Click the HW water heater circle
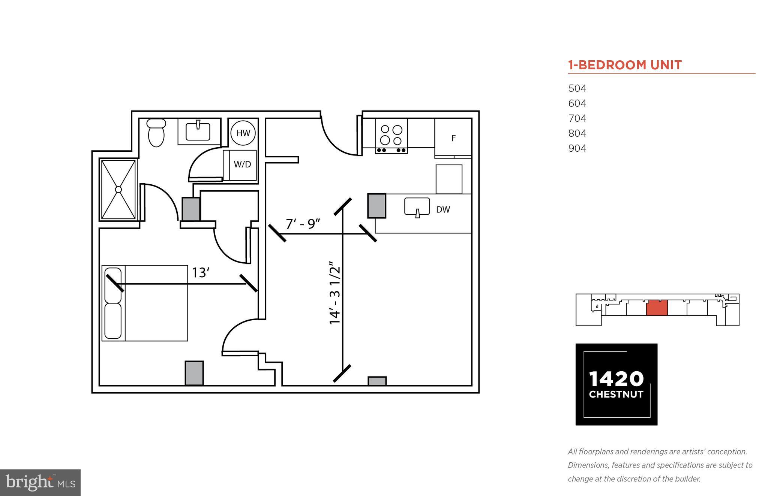pos(243,133)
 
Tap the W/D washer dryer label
pos(242,164)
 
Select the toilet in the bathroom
pos(156,133)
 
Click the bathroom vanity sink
pos(198,131)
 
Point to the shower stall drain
pos(118,190)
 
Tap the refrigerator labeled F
pos(453,138)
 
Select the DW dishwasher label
pos(443,210)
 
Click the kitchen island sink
pos(417,207)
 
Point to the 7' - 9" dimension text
pos(303,224)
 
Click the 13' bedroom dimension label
pos(200,273)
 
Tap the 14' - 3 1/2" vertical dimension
pos(335,295)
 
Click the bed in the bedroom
pos(145,303)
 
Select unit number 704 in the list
pos(577,118)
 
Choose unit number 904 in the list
pos(577,148)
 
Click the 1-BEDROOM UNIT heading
pos(625,65)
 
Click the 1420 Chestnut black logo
pos(616,384)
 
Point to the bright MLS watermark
pos(40,483)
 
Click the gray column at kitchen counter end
pos(376,206)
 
